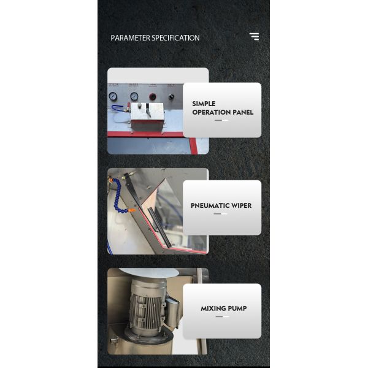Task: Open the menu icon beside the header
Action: click(254, 37)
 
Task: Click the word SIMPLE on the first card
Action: click(204, 104)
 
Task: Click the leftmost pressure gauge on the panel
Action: click(113, 96)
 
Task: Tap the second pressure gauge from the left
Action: click(134, 96)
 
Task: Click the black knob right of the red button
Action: click(171, 97)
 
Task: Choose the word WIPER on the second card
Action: click(242, 206)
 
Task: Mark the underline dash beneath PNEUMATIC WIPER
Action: click(221, 214)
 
